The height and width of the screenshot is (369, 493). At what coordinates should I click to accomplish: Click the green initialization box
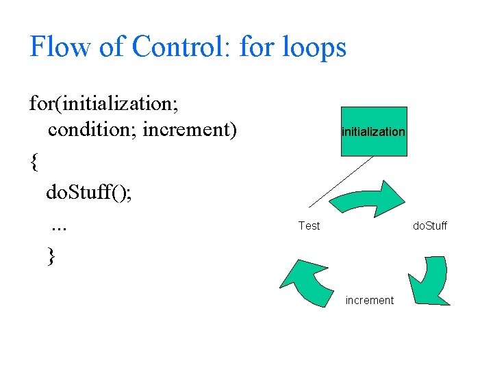[373, 131]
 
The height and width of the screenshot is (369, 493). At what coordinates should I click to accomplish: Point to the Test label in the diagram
[309, 225]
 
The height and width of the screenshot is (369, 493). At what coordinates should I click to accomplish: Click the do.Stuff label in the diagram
[429, 225]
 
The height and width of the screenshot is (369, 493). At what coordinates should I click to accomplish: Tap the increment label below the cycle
[370, 300]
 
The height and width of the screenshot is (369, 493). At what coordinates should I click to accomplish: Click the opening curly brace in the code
[34, 163]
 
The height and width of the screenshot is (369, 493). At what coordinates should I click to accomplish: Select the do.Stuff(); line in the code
[89, 193]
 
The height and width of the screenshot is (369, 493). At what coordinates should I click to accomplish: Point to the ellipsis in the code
[58, 225]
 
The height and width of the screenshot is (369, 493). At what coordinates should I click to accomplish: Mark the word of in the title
[109, 46]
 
